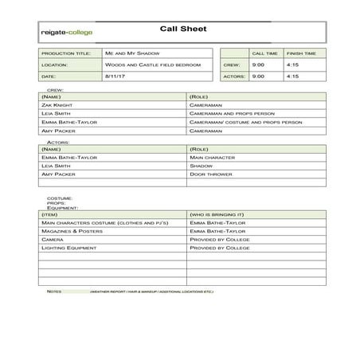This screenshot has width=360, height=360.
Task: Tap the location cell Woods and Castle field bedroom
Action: [148, 65]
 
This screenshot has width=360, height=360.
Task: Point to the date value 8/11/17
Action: [115, 76]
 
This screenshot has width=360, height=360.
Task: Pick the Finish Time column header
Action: [300, 53]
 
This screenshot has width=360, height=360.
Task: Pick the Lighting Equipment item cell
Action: [68, 248]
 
